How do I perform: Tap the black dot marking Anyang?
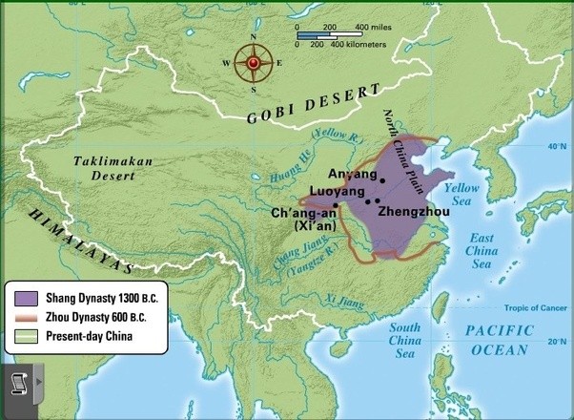tap(382, 179)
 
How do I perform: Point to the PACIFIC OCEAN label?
tap(498, 339)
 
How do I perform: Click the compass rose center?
tap(254, 64)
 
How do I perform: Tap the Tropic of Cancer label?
tap(529, 306)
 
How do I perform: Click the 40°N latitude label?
tap(555, 147)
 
